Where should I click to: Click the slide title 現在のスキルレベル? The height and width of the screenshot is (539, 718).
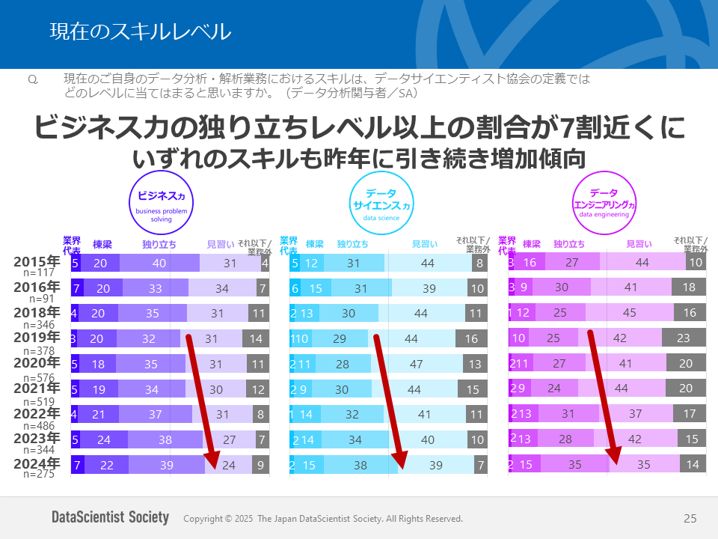coord(140,31)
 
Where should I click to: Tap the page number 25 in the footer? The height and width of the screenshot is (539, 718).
coord(690,518)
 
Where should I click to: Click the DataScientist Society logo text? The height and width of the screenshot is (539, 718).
coord(110,518)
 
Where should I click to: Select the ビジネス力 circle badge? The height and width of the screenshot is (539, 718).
coord(161,203)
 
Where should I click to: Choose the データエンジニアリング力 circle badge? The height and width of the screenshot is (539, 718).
coord(603,204)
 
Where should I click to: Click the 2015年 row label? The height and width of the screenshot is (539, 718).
coord(37,262)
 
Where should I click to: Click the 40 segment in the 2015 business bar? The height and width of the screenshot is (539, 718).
coord(159,263)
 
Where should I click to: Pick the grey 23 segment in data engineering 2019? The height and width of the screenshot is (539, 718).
coord(682,338)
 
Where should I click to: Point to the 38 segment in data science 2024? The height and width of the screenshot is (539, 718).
coord(360,465)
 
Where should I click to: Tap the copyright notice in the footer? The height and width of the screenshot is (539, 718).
coord(323,519)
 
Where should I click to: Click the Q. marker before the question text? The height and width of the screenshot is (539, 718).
coord(32,79)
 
